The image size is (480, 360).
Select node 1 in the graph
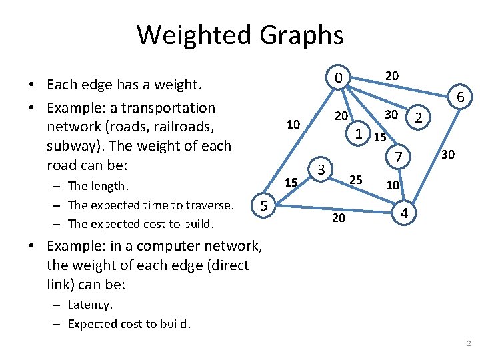pos(359,133)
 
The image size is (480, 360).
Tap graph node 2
pos(418,118)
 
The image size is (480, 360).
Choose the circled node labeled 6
pos(461,98)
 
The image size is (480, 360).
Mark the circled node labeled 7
pos(398,158)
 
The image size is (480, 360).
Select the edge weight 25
pos(356,179)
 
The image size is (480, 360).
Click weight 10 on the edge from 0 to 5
pos(293,125)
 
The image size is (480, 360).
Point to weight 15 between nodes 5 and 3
pos(291,182)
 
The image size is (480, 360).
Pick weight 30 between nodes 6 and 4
pos(448,155)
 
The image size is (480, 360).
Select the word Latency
pos(90,305)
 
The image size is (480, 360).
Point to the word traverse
pos(209,205)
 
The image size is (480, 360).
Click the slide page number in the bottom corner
pos(469,344)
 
